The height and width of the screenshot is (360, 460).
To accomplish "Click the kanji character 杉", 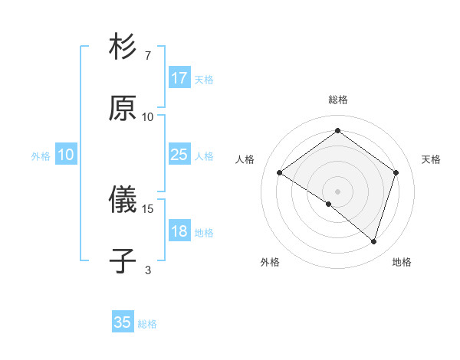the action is pyautogui.click(x=123, y=47).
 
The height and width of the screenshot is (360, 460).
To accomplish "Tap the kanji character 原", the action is pyautogui.click(x=123, y=108).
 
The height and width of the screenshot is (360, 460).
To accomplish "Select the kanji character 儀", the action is pyautogui.click(x=123, y=201).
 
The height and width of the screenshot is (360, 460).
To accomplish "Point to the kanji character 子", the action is pyautogui.click(x=123, y=261).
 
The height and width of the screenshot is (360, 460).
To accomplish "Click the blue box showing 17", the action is pyautogui.click(x=179, y=78).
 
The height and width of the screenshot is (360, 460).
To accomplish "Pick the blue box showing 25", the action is pyautogui.click(x=179, y=155).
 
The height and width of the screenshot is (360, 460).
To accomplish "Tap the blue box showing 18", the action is pyautogui.click(x=179, y=231).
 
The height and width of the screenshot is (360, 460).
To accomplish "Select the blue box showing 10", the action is pyautogui.click(x=65, y=155).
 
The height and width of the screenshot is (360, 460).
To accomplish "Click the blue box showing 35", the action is pyautogui.click(x=123, y=322).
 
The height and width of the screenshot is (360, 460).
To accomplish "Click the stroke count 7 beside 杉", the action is pyautogui.click(x=147, y=56).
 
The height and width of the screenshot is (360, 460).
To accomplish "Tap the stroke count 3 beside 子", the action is pyautogui.click(x=147, y=270).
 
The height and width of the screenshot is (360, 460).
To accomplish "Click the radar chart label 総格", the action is pyautogui.click(x=337, y=100).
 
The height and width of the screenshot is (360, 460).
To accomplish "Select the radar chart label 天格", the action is pyautogui.click(x=431, y=159).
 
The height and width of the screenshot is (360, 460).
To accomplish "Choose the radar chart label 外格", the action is pyautogui.click(x=270, y=262).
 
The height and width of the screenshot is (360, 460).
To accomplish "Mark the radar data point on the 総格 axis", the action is pyautogui.click(x=337, y=131).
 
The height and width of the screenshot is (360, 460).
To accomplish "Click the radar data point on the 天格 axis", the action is pyautogui.click(x=396, y=172).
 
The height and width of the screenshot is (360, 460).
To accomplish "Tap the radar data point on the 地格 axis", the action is pyautogui.click(x=373, y=241).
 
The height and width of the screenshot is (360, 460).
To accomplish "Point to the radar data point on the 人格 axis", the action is pyautogui.click(x=280, y=172).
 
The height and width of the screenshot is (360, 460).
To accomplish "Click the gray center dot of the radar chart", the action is pyautogui.click(x=337, y=191).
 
